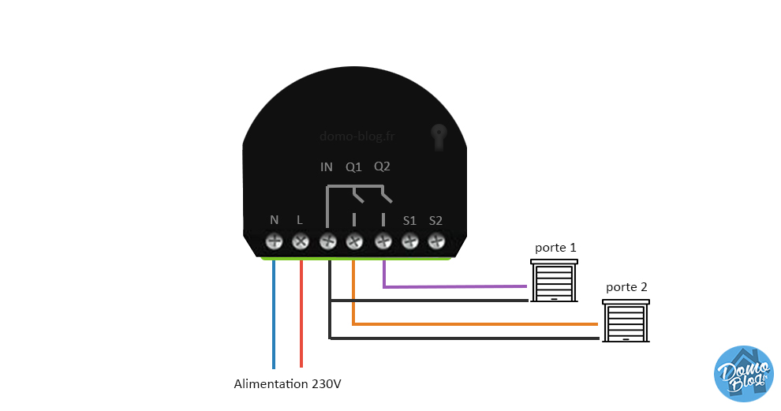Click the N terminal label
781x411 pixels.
pyautogui.click(x=275, y=220)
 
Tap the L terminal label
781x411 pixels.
pyautogui.click(x=300, y=220)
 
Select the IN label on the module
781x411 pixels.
pyautogui.click(x=327, y=167)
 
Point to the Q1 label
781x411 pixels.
pyautogui.click(x=353, y=167)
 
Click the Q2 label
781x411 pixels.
pyautogui.click(x=382, y=167)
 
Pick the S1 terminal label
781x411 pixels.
pyautogui.click(x=409, y=220)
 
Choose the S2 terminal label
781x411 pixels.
pyautogui.click(x=436, y=220)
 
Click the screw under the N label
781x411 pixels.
pyautogui.click(x=275, y=241)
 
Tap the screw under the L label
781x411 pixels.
pyautogui.click(x=301, y=241)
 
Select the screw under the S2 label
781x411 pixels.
pyautogui.click(x=436, y=241)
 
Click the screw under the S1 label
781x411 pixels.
pyautogui.click(x=409, y=241)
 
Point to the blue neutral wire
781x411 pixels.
pyautogui.click(x=274, y=316)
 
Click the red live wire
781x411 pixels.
pyautogui.click(x=301, y=316)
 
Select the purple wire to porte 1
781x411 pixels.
pyautogui.click(x=458, y=286)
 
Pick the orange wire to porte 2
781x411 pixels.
pyautogui.click(x=473, y=323)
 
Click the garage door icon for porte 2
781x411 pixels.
pyautogui.click(x=626, y=320)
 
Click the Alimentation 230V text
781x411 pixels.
pyautogui.click(x=288, y=384)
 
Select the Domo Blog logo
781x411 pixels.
pyautogui.click(x=743, y=373)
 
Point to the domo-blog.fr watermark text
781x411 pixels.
pyautogui.click(x=357, y=136)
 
